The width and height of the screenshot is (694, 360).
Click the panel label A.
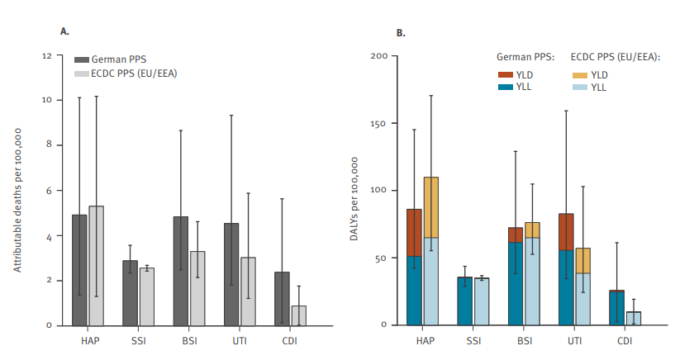[64, 31]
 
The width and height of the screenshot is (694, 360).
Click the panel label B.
[401, 33]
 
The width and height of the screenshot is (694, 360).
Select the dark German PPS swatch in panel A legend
[82, 60]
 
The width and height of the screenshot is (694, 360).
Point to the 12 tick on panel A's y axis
[47, 56]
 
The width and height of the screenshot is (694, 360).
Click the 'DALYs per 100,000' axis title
[356, 191]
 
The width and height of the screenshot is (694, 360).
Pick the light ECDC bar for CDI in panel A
[298, 315]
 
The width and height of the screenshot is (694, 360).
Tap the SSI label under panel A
[138, 340]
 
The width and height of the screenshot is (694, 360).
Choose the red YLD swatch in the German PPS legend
[505, 73]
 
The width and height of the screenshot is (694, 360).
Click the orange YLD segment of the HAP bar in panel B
[431, 207]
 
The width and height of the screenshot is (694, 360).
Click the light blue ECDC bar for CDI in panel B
[634, 318]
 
